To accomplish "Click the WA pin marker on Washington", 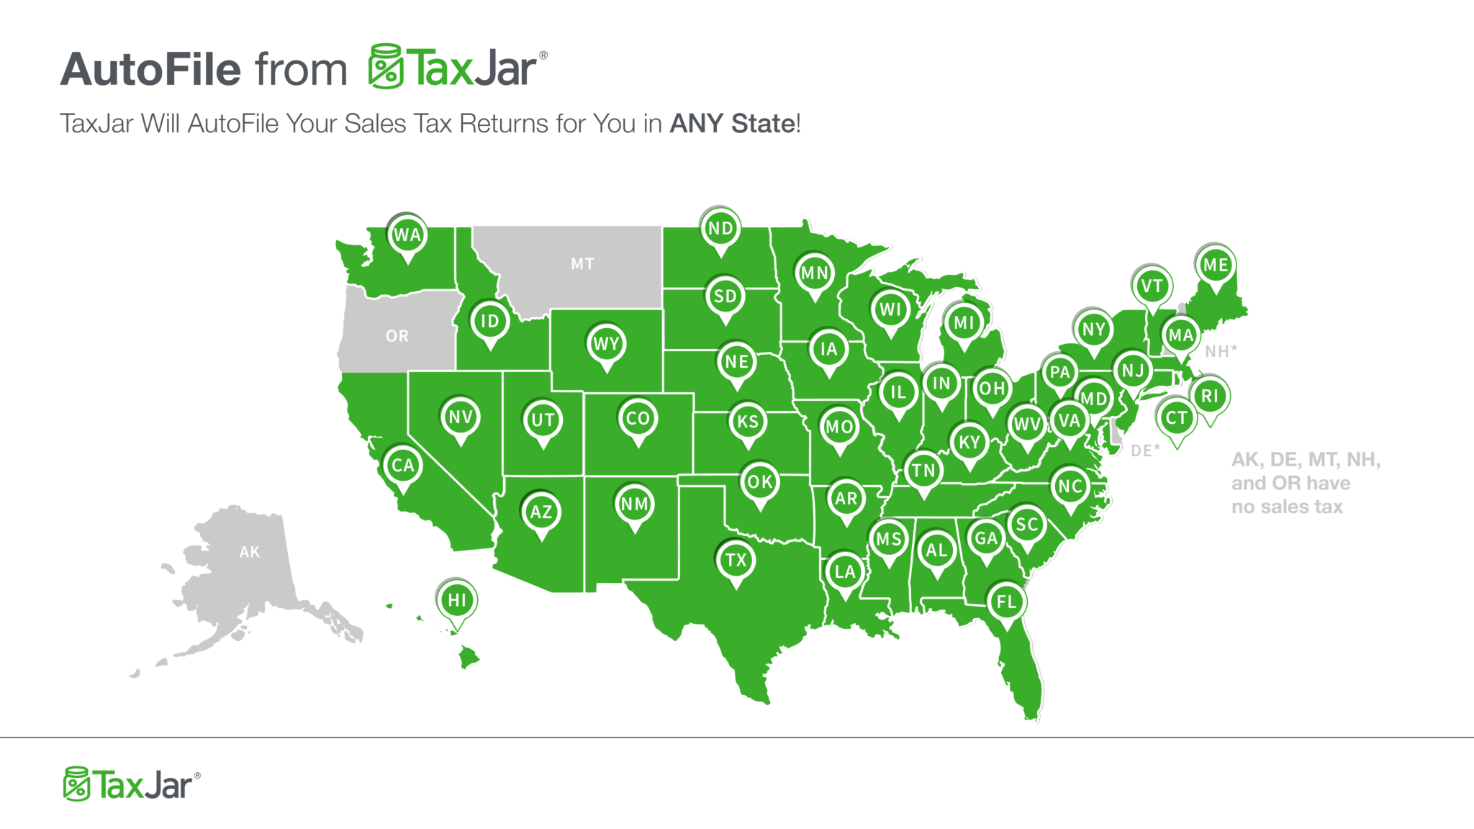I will [407, 235].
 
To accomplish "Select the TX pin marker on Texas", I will [736, 561].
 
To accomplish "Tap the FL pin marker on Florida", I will [1006, 602].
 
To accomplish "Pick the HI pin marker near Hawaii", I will [457, 600].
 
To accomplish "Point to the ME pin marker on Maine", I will [1216, 265].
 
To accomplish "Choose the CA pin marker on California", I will [403, 466].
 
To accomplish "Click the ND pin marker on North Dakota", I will [720, 229].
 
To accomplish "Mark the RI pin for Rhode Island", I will [1210, 396].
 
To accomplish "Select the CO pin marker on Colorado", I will [638, 419].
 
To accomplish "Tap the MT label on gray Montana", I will [582, 264].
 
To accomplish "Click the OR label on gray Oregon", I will [397, 336].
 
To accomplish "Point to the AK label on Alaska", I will [250, 552].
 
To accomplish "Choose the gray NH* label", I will [1221, 351].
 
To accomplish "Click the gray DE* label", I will [1145, 450].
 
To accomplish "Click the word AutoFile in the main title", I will [150, 70].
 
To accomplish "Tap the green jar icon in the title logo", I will [386, 66].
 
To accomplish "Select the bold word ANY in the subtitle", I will [696, 124].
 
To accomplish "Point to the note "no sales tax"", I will [1287, 507].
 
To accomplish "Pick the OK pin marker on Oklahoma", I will [760, 482].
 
